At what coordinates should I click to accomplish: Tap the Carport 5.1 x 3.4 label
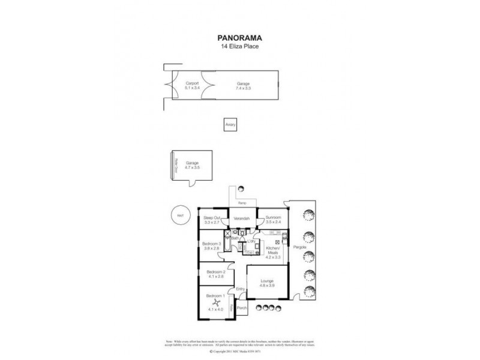click(x=192, y=86)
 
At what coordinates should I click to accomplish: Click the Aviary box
click(x=230, y=124)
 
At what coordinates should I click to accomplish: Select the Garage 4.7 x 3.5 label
click(x=192, y=165)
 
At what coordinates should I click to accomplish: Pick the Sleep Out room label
click(x=212, y=220)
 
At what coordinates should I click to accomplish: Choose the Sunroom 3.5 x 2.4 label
click(x=274, y=220)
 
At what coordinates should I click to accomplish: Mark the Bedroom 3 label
click(x=212, y=246)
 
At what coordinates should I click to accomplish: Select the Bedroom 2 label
click(x=215, y=274)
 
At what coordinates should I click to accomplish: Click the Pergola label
click(x=299, y=247)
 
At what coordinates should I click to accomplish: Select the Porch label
click(x=241, y=309)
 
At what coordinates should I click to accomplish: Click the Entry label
click(x=240, y=289)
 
